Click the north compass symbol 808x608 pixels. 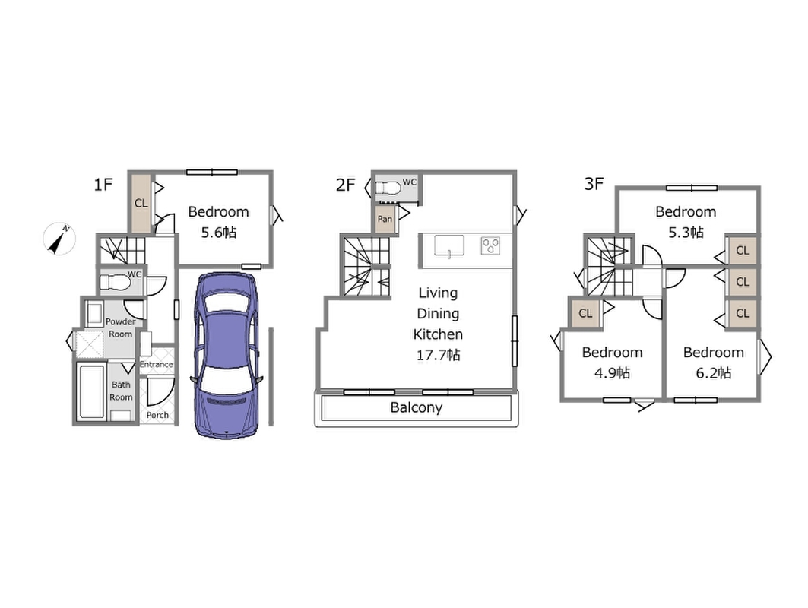point(59,239)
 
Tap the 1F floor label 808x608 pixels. point(103,184)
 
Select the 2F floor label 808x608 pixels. point(345,185)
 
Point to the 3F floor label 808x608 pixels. point(594,183)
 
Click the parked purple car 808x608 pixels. point(226,355)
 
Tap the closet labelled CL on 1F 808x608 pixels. point(141,203)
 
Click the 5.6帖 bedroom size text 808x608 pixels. point(218,233)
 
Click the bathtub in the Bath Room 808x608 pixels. point(93,391)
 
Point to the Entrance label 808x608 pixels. point(156,364)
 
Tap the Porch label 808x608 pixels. point(157,415)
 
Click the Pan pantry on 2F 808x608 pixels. point(385,218)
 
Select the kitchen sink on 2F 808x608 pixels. point(448,245)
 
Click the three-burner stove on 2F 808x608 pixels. point(490,245)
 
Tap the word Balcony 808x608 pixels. point(417,407)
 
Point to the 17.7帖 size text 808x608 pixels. point(438,355)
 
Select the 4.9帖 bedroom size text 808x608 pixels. point(612,373)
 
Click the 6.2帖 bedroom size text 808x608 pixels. point(713,373)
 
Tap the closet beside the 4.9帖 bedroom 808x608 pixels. point(585,313)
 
